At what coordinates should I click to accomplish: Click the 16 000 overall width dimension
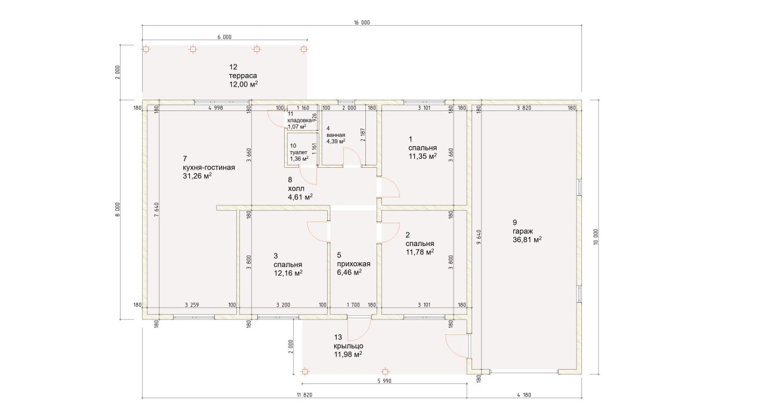tap(362, 23)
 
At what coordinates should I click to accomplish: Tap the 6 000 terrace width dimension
tap(224, 37)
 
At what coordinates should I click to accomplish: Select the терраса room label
tap(243, 75)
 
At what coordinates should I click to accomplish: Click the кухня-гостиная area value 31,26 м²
tap(198, 176)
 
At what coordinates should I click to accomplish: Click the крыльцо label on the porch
tap(349, 346)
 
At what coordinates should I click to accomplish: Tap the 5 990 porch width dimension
tap(384, 381)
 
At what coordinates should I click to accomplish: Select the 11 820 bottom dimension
tap(304, 395)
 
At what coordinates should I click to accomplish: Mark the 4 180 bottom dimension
tap(524, 395)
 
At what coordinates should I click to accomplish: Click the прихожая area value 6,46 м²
tap(349, 273)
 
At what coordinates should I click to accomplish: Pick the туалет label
tap(298, 152)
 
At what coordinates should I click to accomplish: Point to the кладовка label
tap(300, 120)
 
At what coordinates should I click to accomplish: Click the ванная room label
tap(335, 135)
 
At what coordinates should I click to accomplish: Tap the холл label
tap(296, 189)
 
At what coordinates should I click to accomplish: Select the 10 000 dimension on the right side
tap(596, 237)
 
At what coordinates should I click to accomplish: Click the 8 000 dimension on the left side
tap(118, 210)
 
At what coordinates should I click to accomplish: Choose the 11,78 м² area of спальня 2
tap(420, 252)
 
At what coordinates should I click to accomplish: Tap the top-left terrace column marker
tap(146, 50)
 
